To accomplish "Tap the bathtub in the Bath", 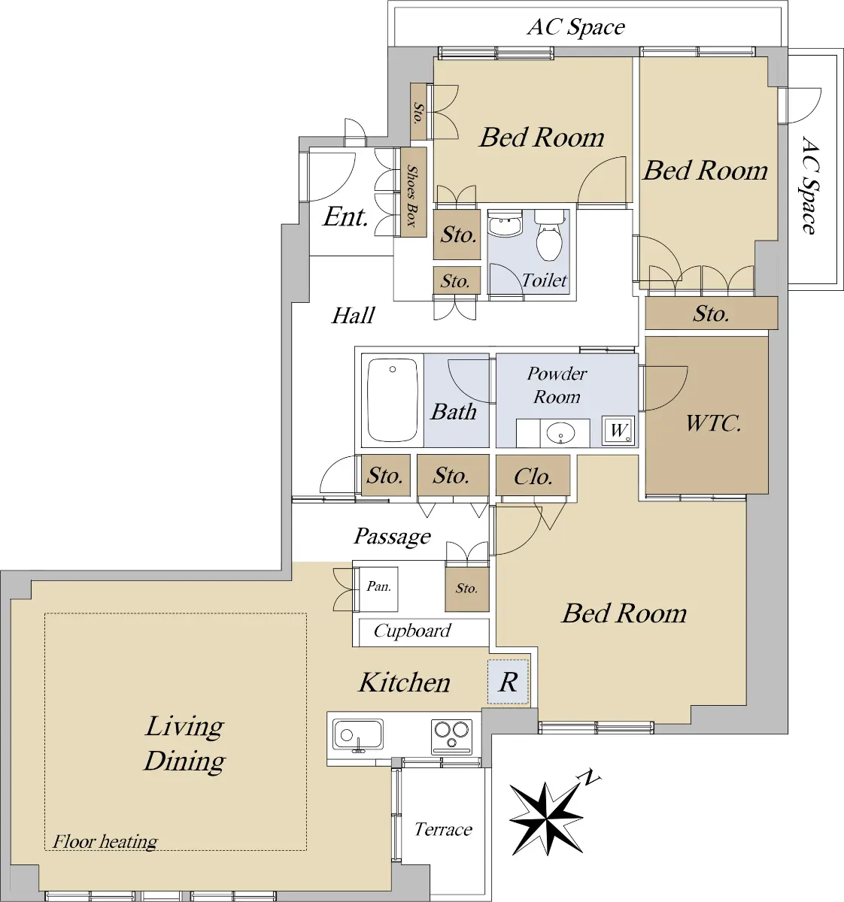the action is [393, 400].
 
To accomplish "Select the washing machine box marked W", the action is [618, 430].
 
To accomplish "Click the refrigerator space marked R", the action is [509, 683].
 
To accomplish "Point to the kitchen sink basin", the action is [358, 735].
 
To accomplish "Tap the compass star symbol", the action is [545, 818].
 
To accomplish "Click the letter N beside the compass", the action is [590, 777].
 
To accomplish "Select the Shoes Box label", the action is [412, 195].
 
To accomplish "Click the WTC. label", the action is [712, 423].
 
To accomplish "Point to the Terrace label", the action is [443, 829].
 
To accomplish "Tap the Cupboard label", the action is [412, 631].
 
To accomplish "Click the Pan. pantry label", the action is [379, 586].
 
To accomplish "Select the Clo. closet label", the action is [533, 477].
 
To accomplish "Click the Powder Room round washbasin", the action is [560, 433].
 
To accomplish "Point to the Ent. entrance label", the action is [345, 216].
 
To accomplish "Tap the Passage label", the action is [393, 537].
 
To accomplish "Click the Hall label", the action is [353, 315].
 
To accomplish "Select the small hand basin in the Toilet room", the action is [505, 224].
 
